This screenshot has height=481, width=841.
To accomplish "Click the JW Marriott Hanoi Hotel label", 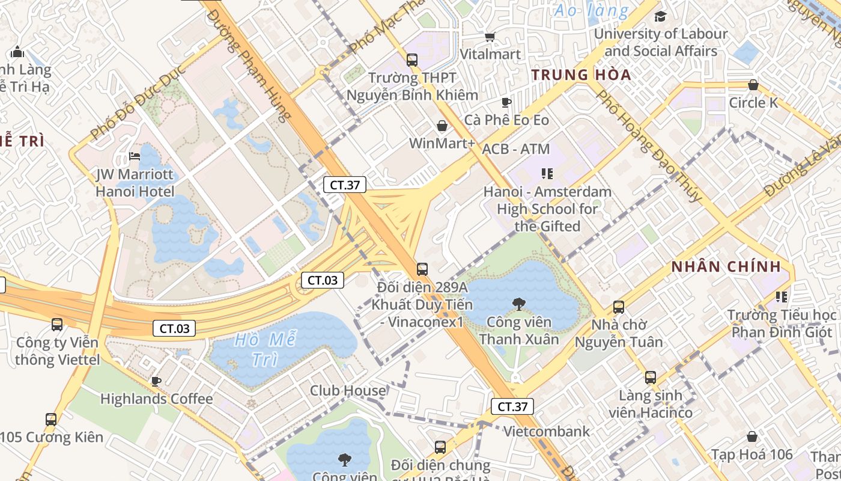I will (135, 183).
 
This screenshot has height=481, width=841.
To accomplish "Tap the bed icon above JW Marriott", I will (135, 157).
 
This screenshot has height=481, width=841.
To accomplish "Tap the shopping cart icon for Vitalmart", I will (490, 37).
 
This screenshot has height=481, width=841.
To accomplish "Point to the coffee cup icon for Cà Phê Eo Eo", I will (506, 102).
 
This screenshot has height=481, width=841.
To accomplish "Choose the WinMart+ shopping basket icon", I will (442, 126).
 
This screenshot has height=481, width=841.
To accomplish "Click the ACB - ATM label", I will (516, 149).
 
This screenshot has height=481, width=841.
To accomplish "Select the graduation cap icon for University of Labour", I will (660, 16).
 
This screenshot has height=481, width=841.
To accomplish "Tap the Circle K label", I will (753, 103).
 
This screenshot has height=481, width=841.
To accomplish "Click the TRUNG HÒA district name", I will (581, 75).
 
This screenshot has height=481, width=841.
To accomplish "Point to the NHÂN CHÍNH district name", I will (726, 266).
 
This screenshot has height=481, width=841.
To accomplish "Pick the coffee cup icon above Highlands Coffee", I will (156, 381).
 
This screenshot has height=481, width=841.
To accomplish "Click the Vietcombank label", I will (547, 431).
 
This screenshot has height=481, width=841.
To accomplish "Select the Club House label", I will (348, 391).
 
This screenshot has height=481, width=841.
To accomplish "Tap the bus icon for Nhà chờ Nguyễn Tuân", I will (619, 307).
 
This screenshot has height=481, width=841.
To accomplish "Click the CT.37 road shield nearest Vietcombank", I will (512, 406).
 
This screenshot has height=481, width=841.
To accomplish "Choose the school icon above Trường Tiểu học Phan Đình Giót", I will (781, 297).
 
